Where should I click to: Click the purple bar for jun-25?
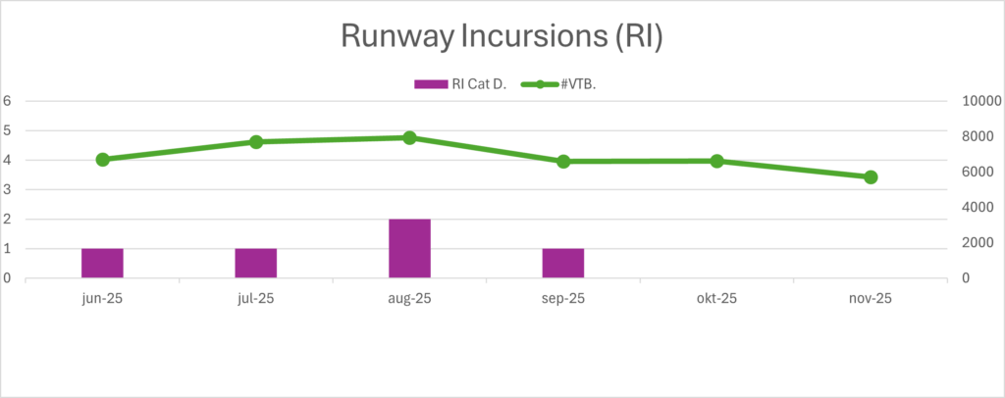coord(102,263)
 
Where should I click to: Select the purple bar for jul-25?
coord(255,263)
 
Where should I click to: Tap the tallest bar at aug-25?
coord(409,248)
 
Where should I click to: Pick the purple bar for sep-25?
coord(563,263)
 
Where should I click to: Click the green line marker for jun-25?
coord(102,159)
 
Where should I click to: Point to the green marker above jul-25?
coord(256,142)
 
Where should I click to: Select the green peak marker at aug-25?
coord(409,137)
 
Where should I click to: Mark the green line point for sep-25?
coord(563,162)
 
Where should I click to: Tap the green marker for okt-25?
coord(716,161)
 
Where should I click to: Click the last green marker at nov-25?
coord(871,177)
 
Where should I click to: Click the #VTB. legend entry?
coord(569,84)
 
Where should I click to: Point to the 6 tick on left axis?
coord(7,100)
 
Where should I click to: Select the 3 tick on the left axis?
coord(7,189)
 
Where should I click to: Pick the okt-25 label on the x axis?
coord(716,298)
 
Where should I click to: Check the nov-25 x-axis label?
coord(871,298)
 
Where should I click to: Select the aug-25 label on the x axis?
coord(409,298)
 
